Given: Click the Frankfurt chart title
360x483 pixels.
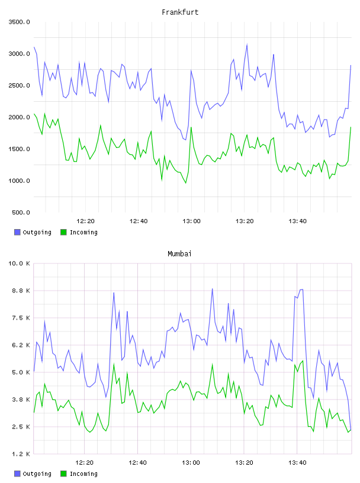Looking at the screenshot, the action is pos(180,12).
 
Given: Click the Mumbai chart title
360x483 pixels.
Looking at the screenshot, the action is pos(179,254).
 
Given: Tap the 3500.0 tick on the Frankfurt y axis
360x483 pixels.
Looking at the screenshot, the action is pos(19,22).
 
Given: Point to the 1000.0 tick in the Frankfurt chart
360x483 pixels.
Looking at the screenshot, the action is pos(19,181).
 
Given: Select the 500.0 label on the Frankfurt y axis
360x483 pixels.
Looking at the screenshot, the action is pos(21,212).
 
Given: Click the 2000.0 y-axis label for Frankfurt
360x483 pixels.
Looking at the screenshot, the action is pos(19,117).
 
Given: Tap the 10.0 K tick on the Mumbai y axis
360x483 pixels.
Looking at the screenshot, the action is pos(19,263).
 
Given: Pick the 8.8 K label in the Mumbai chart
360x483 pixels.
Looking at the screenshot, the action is pos(21,291).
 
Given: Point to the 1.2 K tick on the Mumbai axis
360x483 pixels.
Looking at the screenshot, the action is pos(21,454).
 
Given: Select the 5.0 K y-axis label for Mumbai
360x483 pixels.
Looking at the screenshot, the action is pos(21,372).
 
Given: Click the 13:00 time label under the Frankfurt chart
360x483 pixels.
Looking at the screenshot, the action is pos(191,221).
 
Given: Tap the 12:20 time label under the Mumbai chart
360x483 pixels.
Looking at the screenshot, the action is pos(85,463).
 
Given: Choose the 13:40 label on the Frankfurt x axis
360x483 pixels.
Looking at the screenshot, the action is pos(297,221).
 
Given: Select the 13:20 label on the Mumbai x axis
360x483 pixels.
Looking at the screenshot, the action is pos(244,463).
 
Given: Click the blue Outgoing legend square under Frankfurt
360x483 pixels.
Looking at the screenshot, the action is pos(17,232).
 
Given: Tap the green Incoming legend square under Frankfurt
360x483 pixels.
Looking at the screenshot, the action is pos(63,232).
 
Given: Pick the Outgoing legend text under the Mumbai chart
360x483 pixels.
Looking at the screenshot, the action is pos(37,474).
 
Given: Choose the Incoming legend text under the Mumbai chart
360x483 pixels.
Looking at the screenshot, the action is pos(83,474).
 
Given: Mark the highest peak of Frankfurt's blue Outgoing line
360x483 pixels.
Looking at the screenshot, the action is pos(247,44).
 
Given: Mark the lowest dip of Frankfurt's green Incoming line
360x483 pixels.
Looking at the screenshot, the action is pos(185,183).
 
